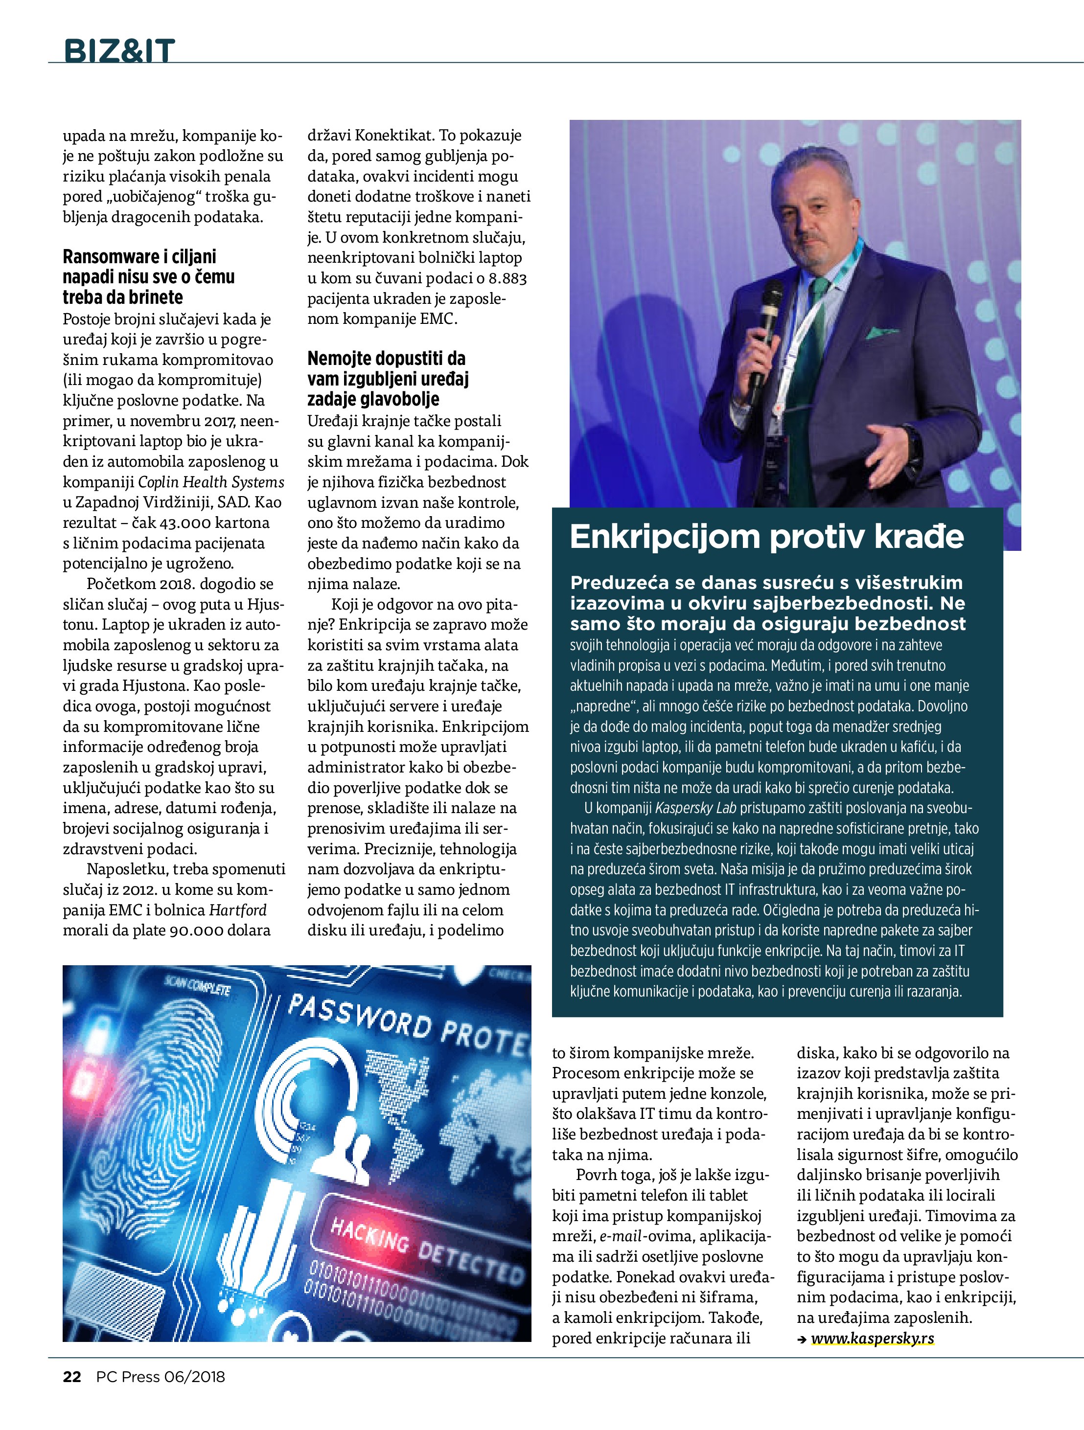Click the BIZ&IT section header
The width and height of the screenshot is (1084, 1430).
coord(119,50)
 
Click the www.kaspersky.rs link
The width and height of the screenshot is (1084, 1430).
coord(872,1338)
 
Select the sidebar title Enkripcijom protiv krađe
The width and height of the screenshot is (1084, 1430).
coord(766,537)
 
